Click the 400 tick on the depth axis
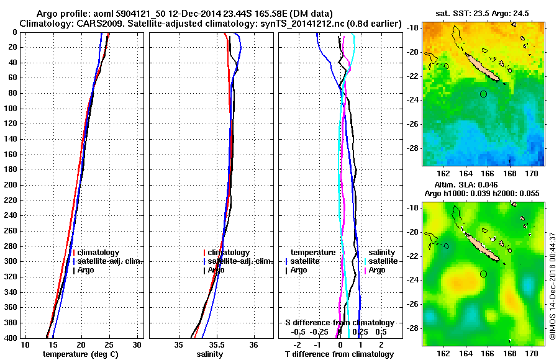point(12,338)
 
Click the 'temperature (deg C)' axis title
point(81,354)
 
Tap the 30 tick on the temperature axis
point(137,344)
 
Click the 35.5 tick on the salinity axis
point(216,344)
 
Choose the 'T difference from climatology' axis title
point(339,354)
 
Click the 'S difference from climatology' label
point(339,323)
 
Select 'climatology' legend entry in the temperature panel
point(99,253)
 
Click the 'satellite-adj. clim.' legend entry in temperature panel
point(109,261)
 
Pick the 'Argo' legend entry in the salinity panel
point(216,270)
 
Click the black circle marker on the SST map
point(484,94)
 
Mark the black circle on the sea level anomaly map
point(484,274)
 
